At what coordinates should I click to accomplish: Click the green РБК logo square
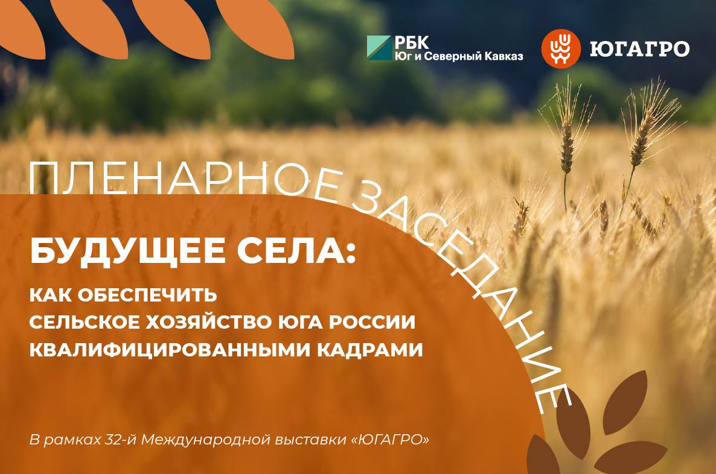click(379, 48)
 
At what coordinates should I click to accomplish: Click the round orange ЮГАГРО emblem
click(558, 48)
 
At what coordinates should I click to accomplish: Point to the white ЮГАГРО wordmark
click(639, 48)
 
